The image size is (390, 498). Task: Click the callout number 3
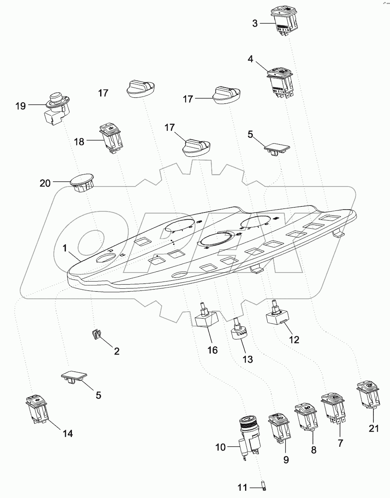(x=255, y=23)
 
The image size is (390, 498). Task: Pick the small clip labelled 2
(x=96, y=335)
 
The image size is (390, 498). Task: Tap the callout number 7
(x=340, y=443)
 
